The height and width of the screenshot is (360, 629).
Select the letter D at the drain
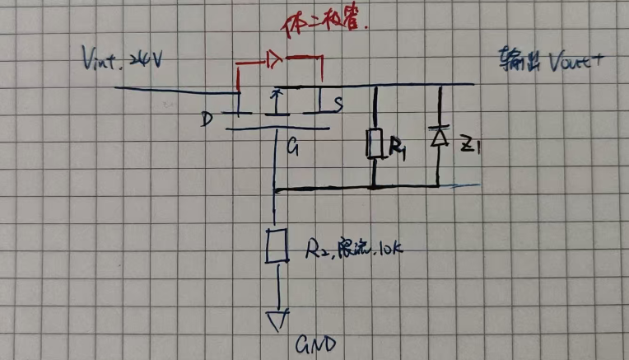[x=206, y=120]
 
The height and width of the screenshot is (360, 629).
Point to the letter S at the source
[x=338, y=104]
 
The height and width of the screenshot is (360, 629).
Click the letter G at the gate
[x=292, y=149]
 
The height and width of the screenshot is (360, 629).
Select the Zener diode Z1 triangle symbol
[x=439, y=137]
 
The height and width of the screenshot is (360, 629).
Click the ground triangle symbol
[x=277, y=317]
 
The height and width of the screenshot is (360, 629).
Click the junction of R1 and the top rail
[x=375, y=85]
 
